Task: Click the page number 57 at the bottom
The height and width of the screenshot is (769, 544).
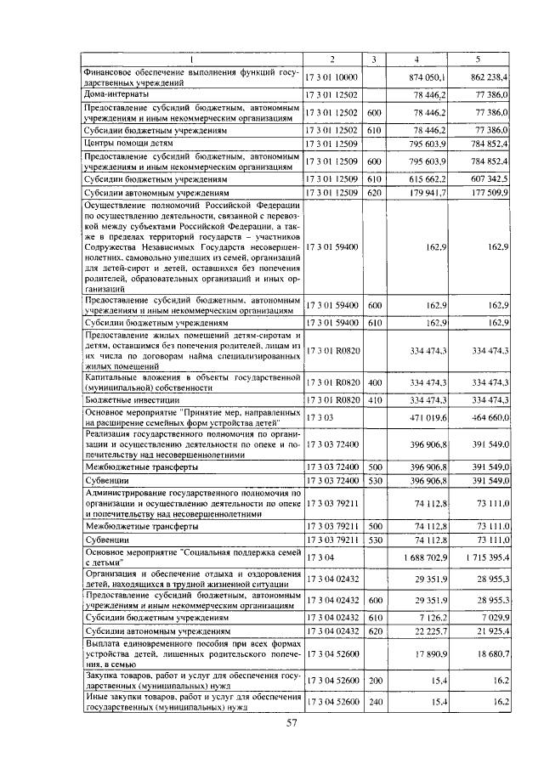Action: (x=292, y=723)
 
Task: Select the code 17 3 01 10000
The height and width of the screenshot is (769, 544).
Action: (x=332, y=77)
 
